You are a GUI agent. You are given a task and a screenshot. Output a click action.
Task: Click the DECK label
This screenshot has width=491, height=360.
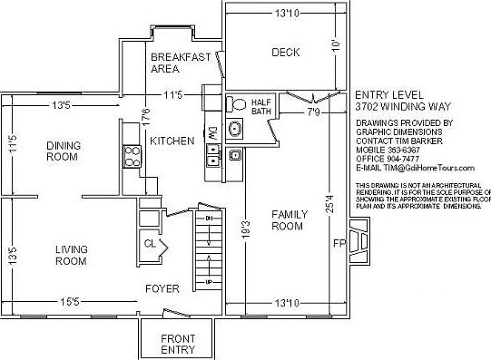click(x=286, y=52)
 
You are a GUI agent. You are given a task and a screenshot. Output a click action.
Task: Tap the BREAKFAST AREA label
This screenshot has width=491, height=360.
click(x=180, y=63)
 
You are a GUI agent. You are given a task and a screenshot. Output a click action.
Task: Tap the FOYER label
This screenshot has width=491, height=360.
click(x=162, y=289)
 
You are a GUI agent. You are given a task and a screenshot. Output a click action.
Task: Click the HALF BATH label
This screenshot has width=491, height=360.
click(x=261, y=106)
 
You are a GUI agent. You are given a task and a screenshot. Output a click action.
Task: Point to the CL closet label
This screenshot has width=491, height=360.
click(x=151, y=242)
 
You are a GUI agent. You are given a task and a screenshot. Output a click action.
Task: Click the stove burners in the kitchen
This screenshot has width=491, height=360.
click(x=130, y=158)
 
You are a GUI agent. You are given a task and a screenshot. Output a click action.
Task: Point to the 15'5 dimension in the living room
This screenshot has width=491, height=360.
click(x=69, y=299)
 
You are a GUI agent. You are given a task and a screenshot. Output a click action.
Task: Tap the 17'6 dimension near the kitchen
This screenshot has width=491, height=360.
click(x=145, y=117)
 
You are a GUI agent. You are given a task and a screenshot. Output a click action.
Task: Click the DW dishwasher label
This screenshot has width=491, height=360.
click(x=212, y=132)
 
